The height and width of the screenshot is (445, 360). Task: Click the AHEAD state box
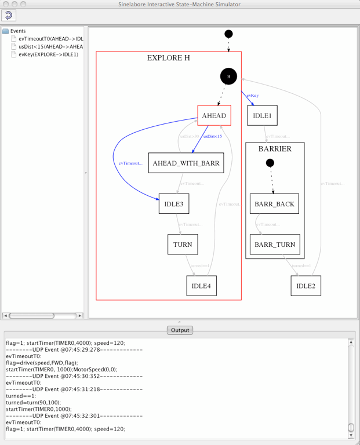tap(214, 115)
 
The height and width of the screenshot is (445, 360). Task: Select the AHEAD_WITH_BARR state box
tap(186, 163)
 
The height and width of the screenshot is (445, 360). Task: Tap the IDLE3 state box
tap(173, 204)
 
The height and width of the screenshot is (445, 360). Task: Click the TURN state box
tap(183, 245)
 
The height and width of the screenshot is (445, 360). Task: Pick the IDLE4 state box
tap(201, 286)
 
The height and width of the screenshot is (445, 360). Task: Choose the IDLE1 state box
tap(263, 115)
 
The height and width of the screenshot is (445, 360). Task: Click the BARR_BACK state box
tap(275, 204)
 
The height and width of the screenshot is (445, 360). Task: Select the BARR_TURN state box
tap(275, 245)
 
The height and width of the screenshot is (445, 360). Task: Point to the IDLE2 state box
tap(306, 286)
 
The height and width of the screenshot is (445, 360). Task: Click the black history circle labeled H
tap(228, 76)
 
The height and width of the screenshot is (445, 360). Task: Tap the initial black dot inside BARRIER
tap(270, 163)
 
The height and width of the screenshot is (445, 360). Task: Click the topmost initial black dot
tap(228, 34)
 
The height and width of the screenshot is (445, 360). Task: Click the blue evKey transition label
tap(252, 95)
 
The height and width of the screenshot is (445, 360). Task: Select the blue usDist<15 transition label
tap(212, 136)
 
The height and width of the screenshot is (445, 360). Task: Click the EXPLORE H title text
tap(168, 58)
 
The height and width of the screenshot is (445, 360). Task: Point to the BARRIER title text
tap(275, 149)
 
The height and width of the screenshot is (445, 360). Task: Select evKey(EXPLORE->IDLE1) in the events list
tap(48, 54)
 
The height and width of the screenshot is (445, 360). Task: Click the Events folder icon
tap(6, 31)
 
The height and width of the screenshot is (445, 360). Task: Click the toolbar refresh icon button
tap(9, 15)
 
